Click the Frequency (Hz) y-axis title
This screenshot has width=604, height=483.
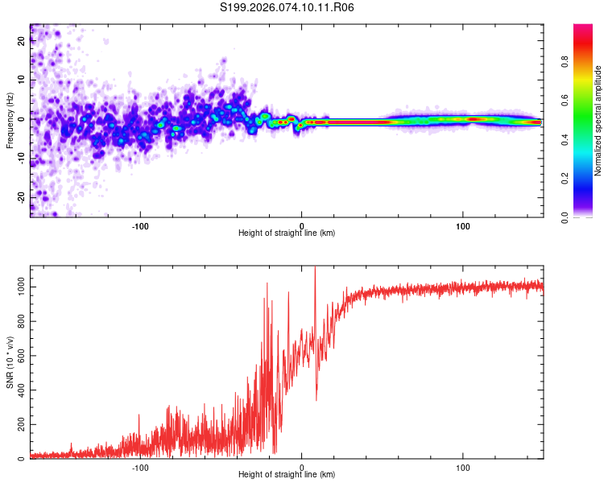pyautogui.click(x=10, y=121)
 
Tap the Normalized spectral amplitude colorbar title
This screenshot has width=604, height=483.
pyautogui.click(x=598, y=121)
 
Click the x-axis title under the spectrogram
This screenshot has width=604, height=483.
pyautogui.click(x=287, y=233)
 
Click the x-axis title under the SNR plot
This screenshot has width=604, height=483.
pyautogui.click(x=287, y=475)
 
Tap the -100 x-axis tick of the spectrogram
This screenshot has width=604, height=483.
pyautogui.click(x=141, y=225)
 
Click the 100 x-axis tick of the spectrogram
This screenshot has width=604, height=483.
pyautogui.click(x=463, y=225)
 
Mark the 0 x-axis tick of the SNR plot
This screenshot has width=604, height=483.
pyautogui.click(x=302, y=467)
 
